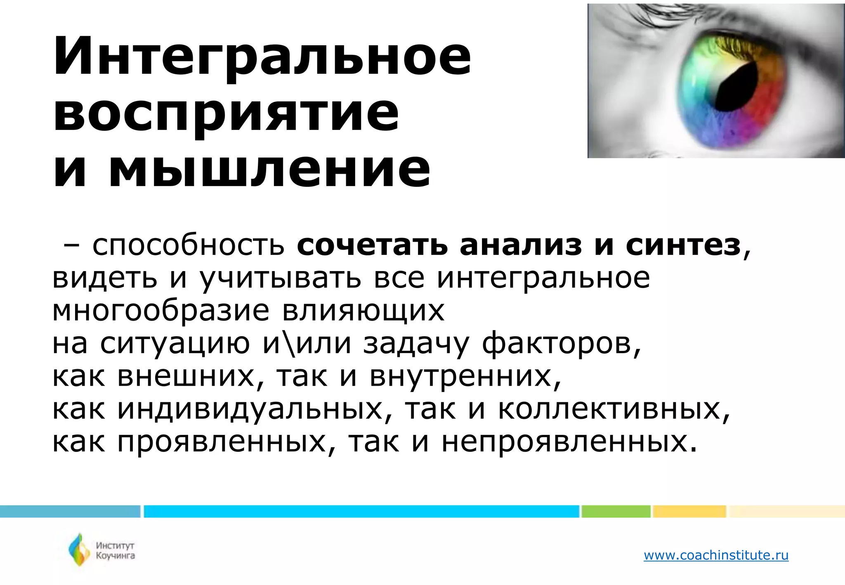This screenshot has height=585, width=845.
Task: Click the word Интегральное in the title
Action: (262, 57)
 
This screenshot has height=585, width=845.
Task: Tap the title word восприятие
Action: (226, 113)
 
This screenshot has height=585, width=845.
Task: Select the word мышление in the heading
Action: (269, 169)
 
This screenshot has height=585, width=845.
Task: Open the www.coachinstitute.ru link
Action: (716, 555)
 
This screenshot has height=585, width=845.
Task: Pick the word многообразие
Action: (161, 311)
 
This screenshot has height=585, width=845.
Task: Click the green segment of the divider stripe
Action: (616, 511)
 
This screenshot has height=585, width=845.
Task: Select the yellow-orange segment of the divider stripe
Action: (689, 511)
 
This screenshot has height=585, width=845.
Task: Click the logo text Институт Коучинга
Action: (115, 550)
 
